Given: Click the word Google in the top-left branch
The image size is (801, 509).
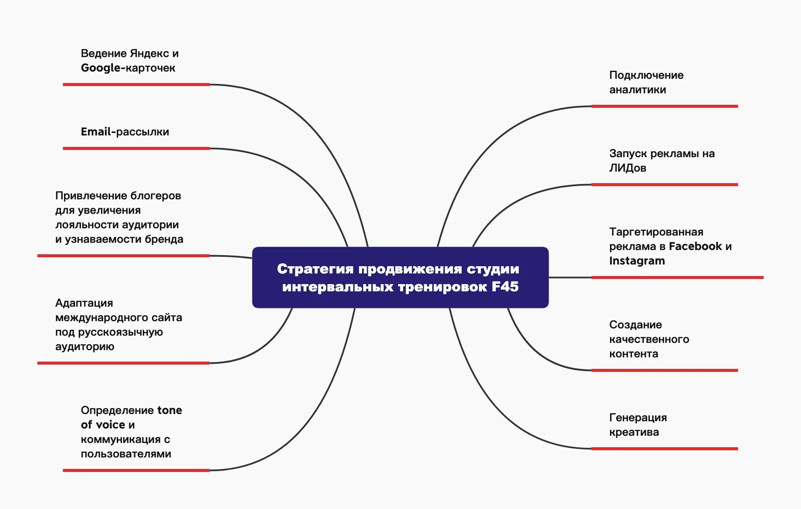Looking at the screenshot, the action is (101, 68).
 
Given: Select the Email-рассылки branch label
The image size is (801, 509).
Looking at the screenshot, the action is (125, 132).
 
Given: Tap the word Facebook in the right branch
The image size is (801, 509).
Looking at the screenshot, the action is (695, 247).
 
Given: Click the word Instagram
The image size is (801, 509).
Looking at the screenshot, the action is (637, 261).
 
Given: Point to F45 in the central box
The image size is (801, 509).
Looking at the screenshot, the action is (505, 287).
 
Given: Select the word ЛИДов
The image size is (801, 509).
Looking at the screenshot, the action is (627, 168).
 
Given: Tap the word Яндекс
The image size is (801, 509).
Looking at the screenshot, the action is (149, 54).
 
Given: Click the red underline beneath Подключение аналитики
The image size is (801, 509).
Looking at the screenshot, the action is (664, 106).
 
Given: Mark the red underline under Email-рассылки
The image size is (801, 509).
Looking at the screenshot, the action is (136, 149).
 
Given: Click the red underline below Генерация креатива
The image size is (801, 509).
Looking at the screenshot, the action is (664, 449).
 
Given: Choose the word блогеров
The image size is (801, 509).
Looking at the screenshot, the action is (156, 196).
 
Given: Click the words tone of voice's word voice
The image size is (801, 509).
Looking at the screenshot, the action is (110, 425).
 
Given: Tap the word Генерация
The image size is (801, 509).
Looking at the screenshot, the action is (638, 418).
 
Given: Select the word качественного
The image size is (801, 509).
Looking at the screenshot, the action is (649, 339).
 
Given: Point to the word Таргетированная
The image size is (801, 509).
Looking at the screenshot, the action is (656, 232).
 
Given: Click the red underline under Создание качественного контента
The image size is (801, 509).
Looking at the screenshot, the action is (664, 371).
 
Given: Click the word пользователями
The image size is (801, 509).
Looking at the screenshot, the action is (126, 454).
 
